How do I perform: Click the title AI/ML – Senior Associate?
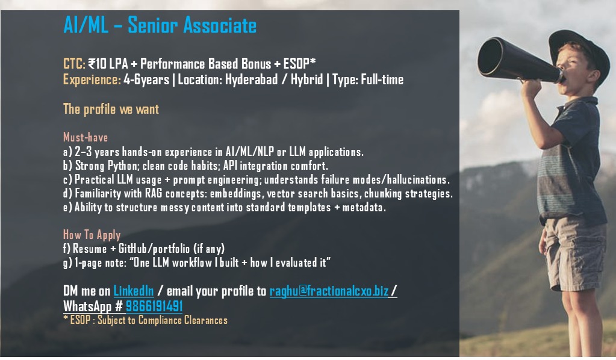[x=160, y=25]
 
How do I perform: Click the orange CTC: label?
[x=74, y=64]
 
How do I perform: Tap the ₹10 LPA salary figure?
[x=108, y=64]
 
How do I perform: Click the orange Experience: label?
[x=92, y=80]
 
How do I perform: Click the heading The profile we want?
[x=111, y=109]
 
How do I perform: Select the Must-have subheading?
[x=86, y=137]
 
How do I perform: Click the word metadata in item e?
[x=364, y=207]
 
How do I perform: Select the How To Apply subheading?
[x=92, y=235]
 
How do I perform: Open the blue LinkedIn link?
[x=134, y=291]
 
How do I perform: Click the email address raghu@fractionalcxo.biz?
[x=329, y=291]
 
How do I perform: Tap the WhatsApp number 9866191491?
[x=154, y=306]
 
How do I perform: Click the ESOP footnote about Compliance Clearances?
[x=145, y=320]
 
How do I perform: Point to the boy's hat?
[x=580, y=49]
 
